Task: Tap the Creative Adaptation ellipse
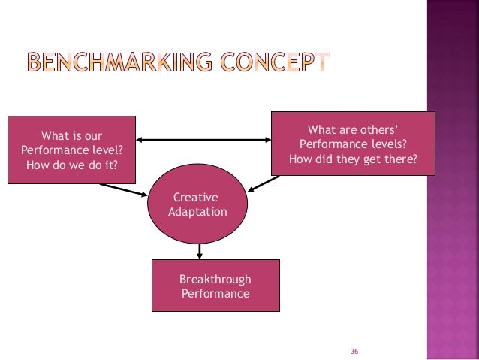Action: [x=199, y=204]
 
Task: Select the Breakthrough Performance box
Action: [x=215, y=286]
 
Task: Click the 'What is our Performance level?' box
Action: [x=72, y=150]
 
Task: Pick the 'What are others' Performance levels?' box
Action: [x=353, y=142]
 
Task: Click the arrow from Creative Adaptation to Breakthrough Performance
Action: [x=200, y=251]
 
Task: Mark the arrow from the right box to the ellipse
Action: [x=264, y=183]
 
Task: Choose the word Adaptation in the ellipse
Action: [x=197, y=212]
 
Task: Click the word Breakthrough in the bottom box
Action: [x=215, y=279]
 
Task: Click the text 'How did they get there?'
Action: [x=353, y=159]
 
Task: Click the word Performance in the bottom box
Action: [x=215, y=294]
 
